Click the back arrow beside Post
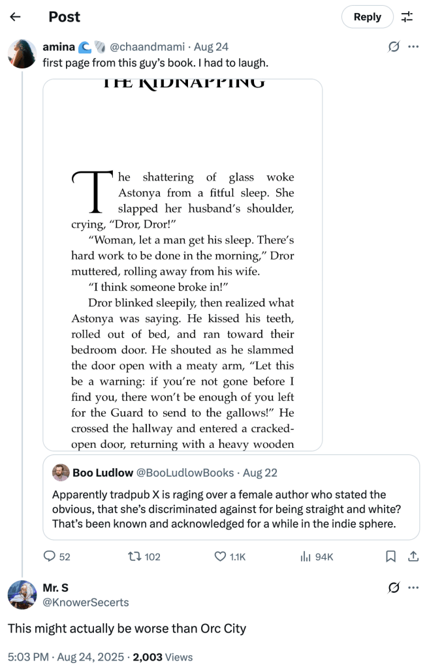point(15,17)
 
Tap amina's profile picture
point(22,53)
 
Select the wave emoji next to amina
point(85,47)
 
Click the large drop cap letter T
point(93,192)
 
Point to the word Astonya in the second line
point(140,193)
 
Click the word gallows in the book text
point(255,413)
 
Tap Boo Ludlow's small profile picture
point(61,473)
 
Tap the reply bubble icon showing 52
point(49,556)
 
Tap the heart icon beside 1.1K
point(220,556)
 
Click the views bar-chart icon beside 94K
point(305,556)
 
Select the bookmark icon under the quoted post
point(390,556)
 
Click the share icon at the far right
point(413,556)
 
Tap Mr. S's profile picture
point(22,595)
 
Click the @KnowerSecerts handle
point(86,602)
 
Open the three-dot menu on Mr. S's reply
point(413,587)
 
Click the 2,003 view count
point(148,657)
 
